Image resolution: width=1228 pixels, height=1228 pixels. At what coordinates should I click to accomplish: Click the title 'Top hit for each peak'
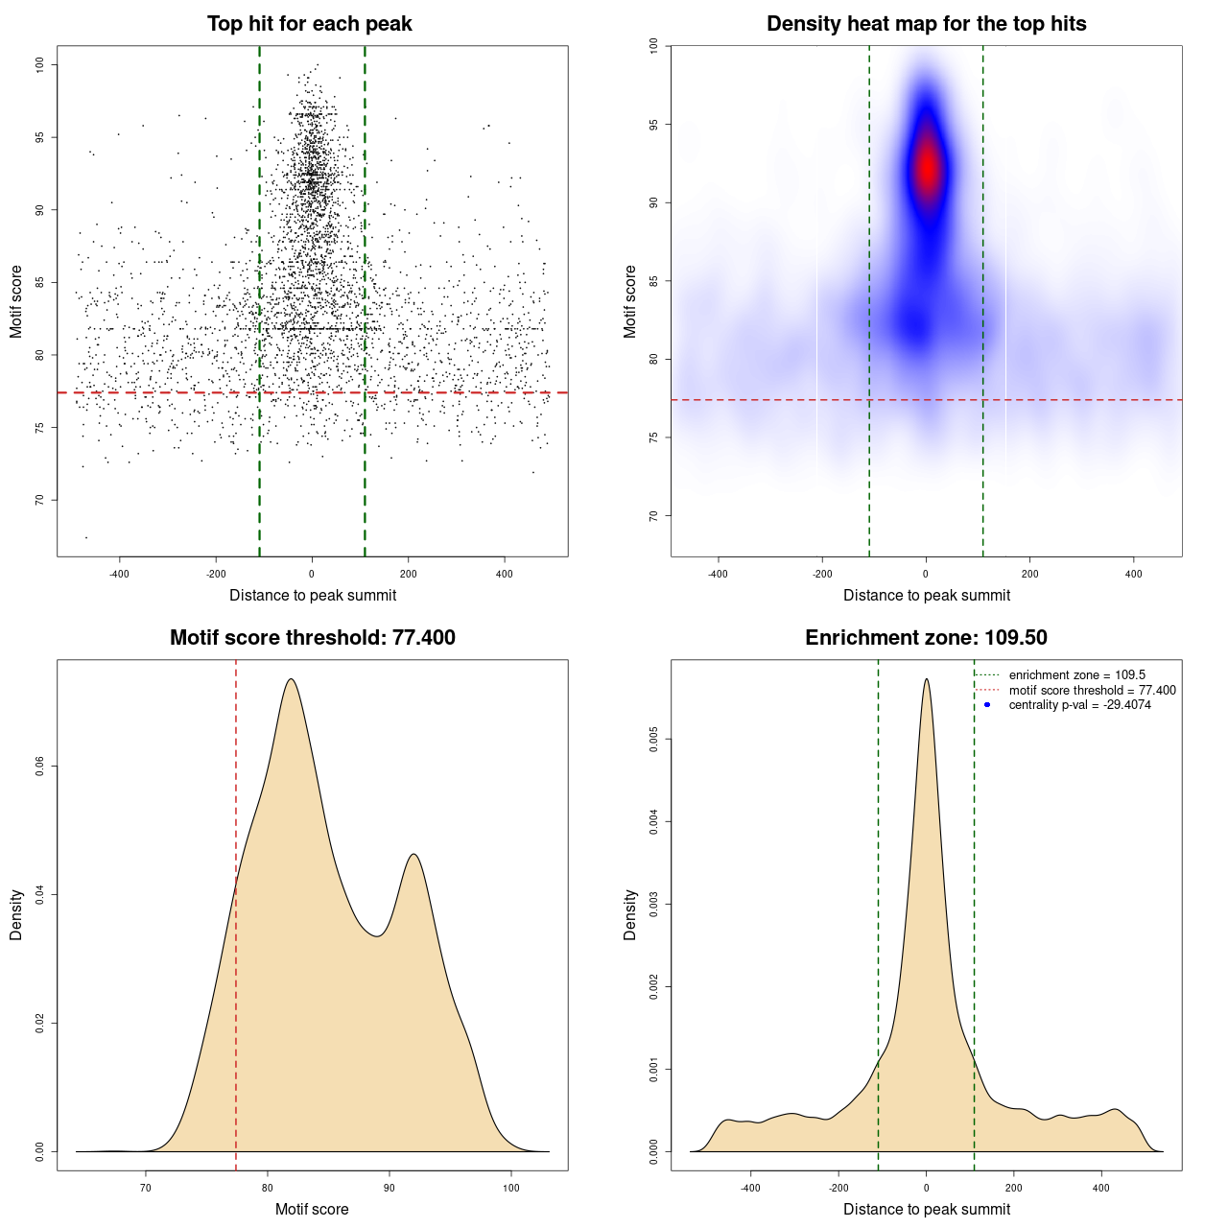click(309, 24)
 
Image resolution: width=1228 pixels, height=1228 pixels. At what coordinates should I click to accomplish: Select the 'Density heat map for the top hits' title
click(926, 24)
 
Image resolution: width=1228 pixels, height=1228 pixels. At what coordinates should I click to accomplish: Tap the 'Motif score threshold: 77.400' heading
click(312, 638)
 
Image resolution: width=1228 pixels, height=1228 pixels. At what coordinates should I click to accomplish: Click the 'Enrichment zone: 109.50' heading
click(926, 638)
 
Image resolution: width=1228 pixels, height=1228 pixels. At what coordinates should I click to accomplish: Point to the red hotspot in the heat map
click(927, 169)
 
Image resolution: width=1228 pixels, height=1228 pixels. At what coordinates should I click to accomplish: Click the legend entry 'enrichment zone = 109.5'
click(1076, 675)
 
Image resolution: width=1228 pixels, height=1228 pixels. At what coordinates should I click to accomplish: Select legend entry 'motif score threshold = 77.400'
click(1092, 691)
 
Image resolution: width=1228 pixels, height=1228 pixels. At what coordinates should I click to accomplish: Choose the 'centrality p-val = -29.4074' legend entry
click(1079, 705)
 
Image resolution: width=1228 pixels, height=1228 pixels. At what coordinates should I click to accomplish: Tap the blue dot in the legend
click(987, 705)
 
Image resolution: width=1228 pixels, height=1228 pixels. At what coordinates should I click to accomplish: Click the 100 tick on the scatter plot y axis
click(39, 64)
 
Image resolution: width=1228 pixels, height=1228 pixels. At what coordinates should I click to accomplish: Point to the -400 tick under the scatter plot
click(119, 574)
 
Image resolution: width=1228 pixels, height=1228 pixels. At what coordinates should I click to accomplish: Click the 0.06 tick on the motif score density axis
click(39, 767)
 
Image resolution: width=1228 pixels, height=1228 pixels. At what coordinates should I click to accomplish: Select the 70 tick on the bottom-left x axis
click(146, 1188)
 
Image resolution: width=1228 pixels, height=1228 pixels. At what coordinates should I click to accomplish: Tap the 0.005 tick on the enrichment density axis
click(653, 739)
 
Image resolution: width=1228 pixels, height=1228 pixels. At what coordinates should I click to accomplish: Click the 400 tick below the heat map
click(1134, 574)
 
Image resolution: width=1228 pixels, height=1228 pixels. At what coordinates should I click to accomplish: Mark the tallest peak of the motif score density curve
click(290, 679)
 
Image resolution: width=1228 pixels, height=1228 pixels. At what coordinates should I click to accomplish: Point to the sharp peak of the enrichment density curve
click(926, 679)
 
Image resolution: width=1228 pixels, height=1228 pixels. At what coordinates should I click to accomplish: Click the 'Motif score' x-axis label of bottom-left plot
click(312, 1209)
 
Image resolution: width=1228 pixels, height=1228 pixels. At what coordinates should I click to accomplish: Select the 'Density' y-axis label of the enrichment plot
click(630, 914)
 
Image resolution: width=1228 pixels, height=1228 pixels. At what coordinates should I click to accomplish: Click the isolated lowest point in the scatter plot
click(86, 537)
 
